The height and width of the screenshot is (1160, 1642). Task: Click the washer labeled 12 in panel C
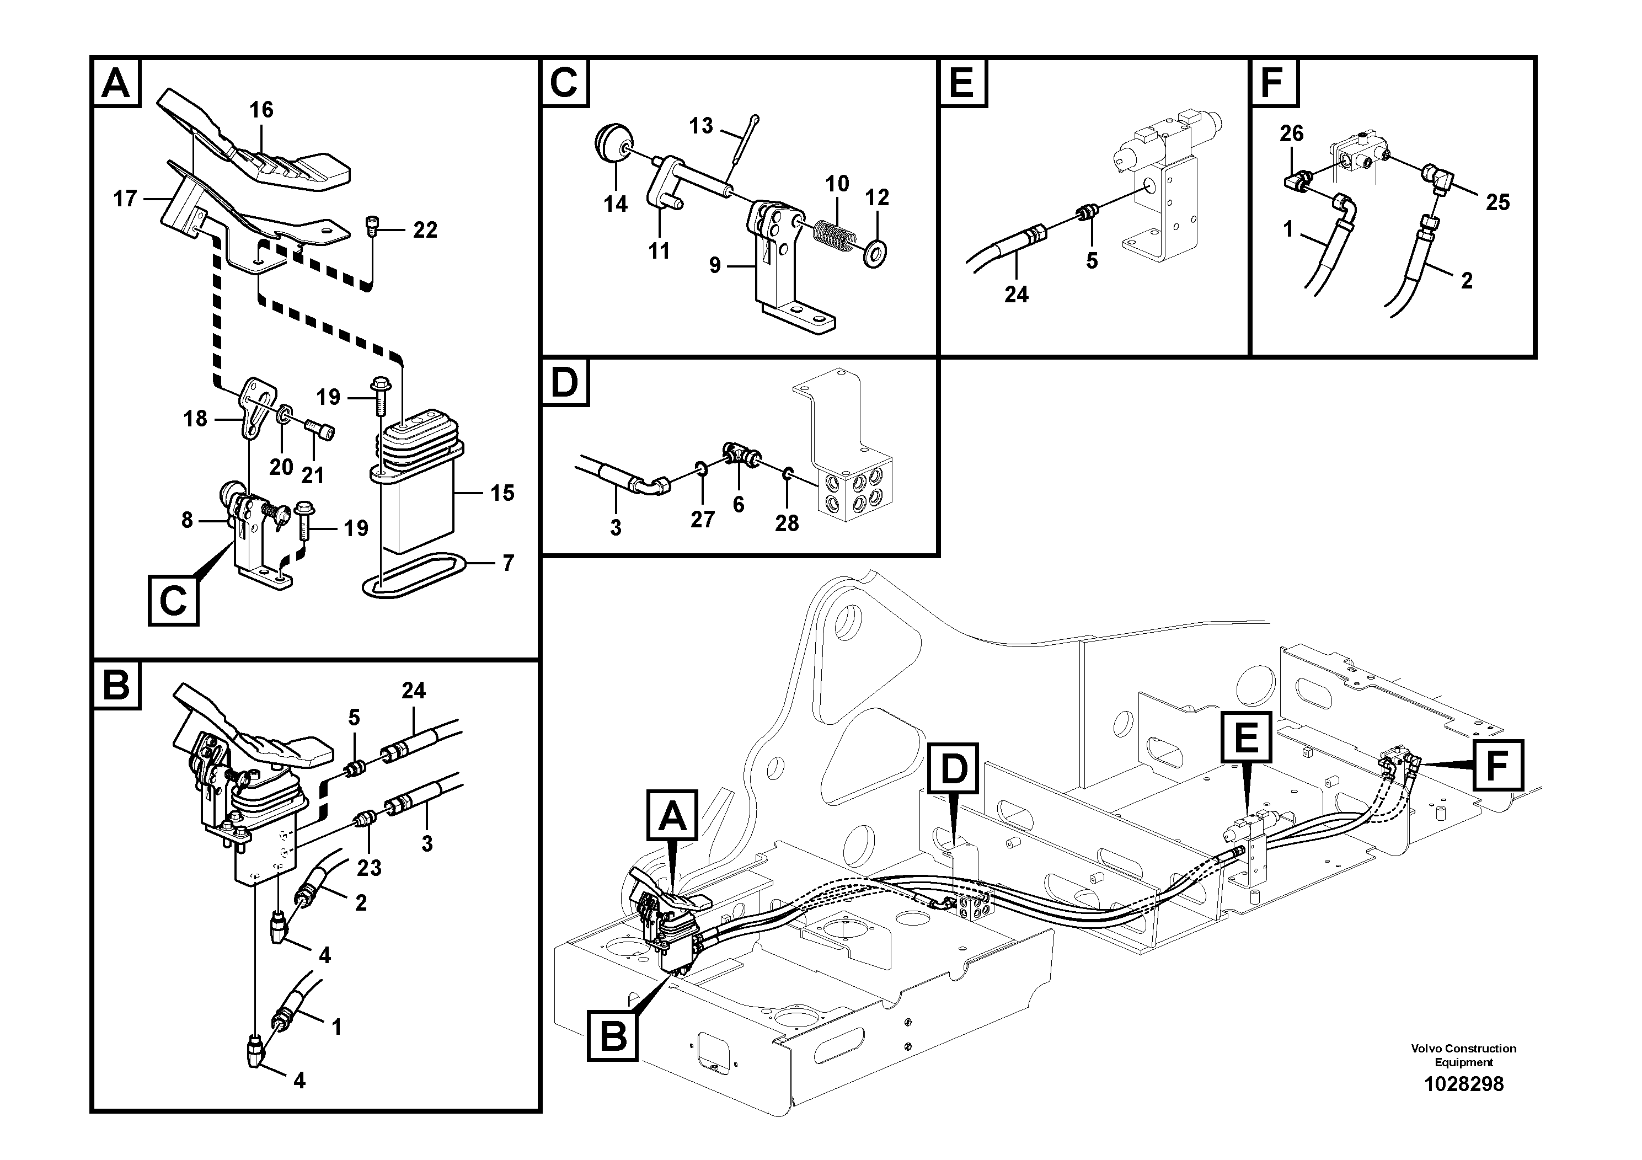(x=874, y=252)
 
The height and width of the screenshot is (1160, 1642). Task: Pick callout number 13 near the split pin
(x=701, y=126)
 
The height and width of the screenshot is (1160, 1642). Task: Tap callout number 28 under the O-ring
(x=787, y=523)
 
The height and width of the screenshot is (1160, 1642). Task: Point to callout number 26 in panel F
(x=1292, y=133)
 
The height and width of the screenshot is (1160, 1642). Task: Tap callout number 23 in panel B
(x=369, y=868)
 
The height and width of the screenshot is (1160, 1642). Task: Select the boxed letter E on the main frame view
(x=1247, y=737)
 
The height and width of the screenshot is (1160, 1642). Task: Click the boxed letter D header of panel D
(x=565, y=383)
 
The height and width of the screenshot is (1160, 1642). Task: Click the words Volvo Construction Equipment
(x=1463, y=1055)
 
